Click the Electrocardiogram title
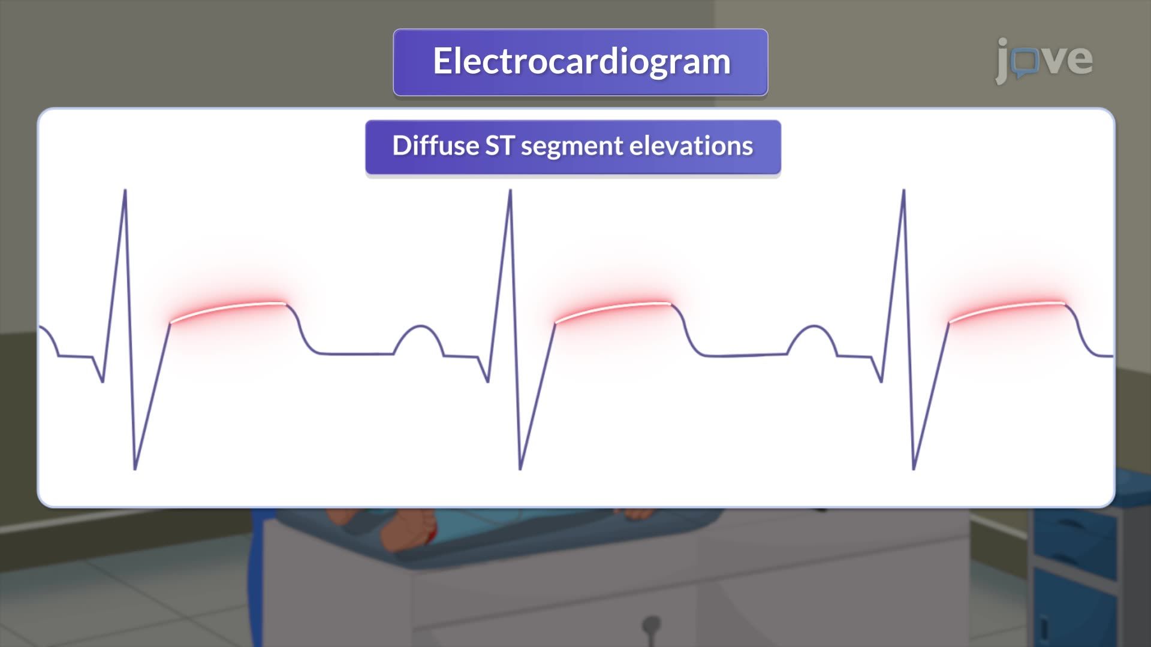581,62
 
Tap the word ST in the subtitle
499,146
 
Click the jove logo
1044,60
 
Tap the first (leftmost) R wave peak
125,191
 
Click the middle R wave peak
510,191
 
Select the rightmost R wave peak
903,191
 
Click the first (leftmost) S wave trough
135,468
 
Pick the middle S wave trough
520,468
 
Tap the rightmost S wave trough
914,468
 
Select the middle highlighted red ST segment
613,309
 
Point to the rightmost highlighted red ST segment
1007,309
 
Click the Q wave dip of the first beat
103,380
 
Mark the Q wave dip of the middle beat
487,380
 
